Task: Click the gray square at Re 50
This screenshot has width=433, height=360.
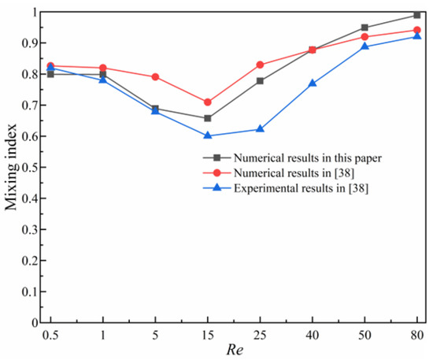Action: click(364, 28)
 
